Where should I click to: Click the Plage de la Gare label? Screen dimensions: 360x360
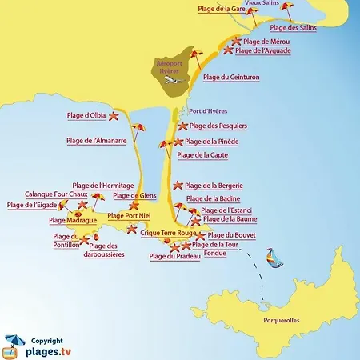tap(220, 8)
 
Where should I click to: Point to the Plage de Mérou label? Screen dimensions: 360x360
tap(266, 41)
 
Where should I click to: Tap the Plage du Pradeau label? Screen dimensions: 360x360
tap(174, 256)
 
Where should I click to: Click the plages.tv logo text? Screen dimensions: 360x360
tap(53, 350)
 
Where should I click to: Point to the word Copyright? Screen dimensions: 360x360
tap(47, 339)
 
